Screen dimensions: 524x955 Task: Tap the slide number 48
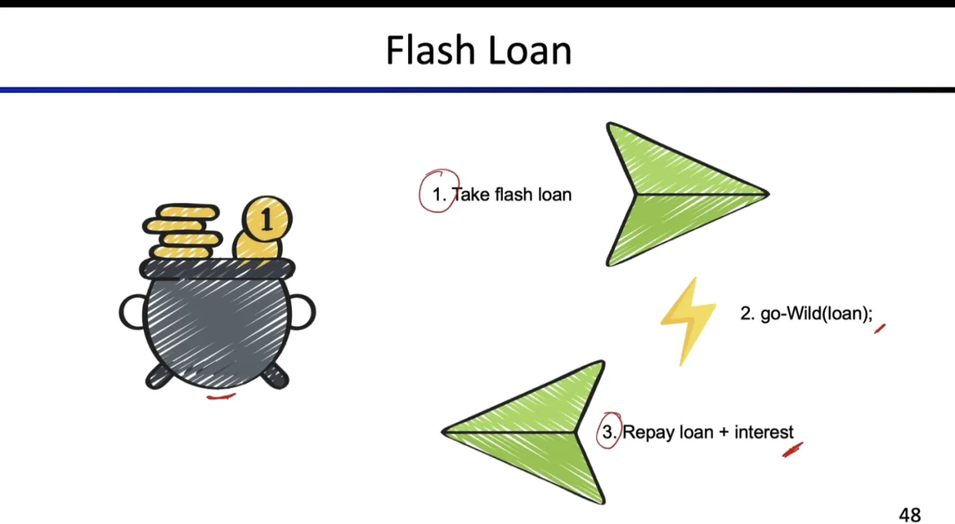(910, 515)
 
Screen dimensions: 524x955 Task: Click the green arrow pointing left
(528, 432)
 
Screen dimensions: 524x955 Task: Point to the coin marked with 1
(266, 219)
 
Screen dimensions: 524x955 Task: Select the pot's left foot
(159, 376)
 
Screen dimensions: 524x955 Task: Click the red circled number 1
(439, 194)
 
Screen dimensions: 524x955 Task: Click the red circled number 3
(608, 431)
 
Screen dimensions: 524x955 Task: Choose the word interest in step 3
(764, 432)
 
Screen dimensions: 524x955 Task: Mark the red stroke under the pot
(221, 397)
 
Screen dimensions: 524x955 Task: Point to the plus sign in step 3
(724, 433)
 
